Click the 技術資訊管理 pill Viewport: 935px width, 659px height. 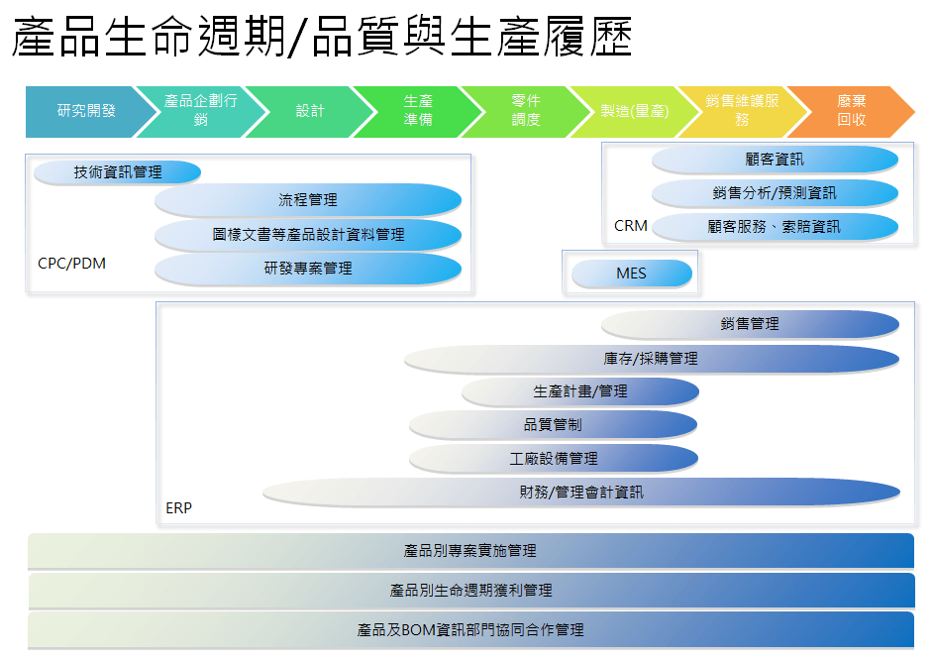[118, 172]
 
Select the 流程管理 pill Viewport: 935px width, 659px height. [308, 200]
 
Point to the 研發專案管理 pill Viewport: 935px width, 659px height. [308, 269]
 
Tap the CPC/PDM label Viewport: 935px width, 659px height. [71, 264]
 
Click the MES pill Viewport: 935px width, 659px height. [632, 274]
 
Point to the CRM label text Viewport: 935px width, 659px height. [631, 226]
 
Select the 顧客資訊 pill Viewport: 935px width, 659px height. [775, 160]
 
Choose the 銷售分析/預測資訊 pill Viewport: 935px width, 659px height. [775, 192]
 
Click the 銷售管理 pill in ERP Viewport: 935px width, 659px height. [750, 324]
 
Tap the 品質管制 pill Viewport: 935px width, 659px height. [553, 424]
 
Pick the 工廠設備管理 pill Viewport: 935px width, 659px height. [554, 458]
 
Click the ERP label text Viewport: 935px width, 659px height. [179, 508]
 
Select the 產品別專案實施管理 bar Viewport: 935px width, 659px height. [470, 550]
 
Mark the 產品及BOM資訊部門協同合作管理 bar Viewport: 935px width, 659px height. [470, 630]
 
